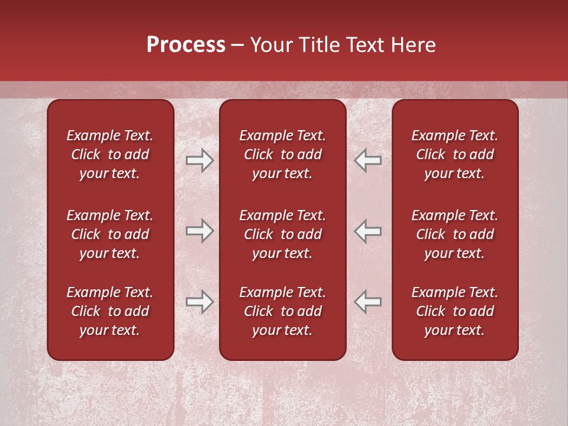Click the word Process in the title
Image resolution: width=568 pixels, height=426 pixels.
point(186,45)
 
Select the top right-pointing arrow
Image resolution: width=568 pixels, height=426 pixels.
point(199,160)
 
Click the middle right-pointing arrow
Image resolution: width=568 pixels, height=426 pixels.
point(199,231)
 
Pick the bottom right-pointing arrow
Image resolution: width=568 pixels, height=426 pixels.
point(199,301)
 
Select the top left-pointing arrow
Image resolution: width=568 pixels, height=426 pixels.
point(368,160)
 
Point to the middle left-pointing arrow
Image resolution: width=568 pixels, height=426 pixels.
point(368,231)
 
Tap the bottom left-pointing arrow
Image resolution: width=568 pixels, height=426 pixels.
point(368,301)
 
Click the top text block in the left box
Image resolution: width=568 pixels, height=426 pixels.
point(109,154)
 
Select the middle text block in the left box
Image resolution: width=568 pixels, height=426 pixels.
point(109,234)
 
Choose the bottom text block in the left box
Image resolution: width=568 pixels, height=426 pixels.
point(109,311)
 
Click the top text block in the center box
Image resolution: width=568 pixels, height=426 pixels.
point(282,154)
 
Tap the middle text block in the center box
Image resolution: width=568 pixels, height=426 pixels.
point(282,234)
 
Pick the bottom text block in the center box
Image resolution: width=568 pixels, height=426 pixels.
point(282,311)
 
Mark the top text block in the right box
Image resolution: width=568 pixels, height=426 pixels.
point(454,154)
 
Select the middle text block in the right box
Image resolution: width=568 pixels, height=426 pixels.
point(454,234)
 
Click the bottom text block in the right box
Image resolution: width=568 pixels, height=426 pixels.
point(454,311)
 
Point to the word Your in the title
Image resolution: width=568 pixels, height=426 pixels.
point(270,45)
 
